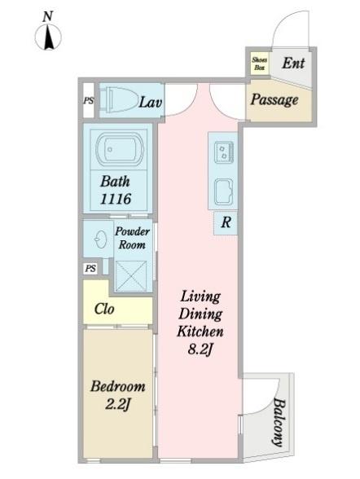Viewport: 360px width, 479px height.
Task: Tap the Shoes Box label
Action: pos(260,64)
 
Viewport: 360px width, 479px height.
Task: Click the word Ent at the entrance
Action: pos(293,64)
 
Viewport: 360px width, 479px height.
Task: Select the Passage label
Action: pos(274,100)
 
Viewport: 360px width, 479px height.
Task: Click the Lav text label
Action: pos(150,103)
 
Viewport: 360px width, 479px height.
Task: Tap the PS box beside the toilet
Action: pos(89,100)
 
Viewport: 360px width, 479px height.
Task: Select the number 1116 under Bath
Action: pos(116,199)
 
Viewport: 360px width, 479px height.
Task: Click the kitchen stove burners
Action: pos(223,152)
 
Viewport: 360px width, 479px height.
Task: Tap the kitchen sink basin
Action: pos(223,191)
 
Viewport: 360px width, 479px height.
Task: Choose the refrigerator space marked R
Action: pos(226,222)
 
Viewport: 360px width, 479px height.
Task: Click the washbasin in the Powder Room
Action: pos(100,239)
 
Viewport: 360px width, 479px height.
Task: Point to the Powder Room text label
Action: pos(132,238)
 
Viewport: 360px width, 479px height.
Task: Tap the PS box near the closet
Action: pos(90,269)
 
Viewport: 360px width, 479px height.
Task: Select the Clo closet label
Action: pos(104,309)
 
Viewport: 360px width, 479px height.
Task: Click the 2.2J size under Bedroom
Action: pos(118,404)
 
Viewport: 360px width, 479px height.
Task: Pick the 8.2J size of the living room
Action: pos(200,349)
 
